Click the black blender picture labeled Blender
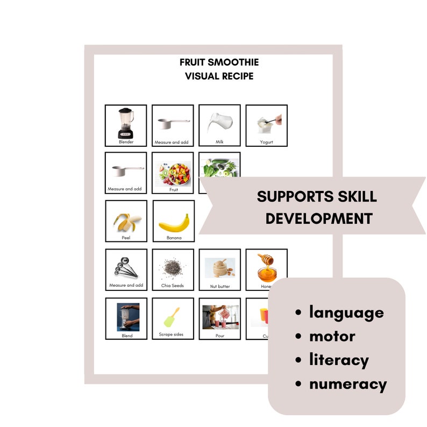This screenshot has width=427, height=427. pos(126,123)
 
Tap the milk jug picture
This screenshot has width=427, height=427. pos(219,123)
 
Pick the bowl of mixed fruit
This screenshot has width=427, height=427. pos(173,171)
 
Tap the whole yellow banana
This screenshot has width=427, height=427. pos(173,222)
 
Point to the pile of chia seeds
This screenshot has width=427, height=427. pos(173,267)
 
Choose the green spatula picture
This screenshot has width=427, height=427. pos(172,317)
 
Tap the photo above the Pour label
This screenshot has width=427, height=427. pos(219,317)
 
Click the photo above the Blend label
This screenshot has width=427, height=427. pos(127,317)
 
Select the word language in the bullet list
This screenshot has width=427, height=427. pos(346,312)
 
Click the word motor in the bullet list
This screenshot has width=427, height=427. pos(332,337)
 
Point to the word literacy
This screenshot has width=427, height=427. pos(338,360)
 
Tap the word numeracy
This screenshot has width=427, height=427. pos(347,384)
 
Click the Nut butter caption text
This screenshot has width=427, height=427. pos(219,286)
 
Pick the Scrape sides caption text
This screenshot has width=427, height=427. pos(171,335)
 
